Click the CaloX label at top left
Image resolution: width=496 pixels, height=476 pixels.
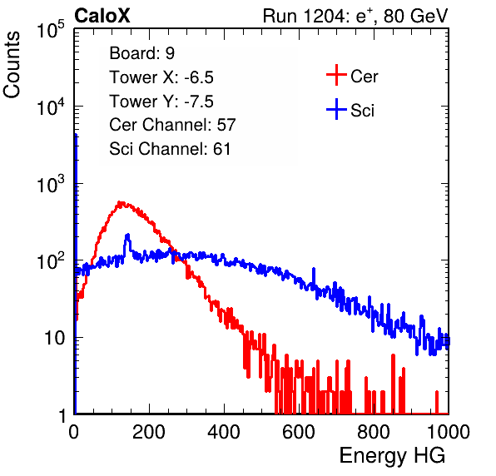(102, 16)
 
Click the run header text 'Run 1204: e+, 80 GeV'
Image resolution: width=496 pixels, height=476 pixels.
(355, 16)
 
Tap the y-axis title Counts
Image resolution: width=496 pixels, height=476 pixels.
(12, 65)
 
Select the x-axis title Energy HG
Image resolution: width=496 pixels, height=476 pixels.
(392, 456)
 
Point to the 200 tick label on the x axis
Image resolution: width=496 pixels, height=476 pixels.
(149, 432)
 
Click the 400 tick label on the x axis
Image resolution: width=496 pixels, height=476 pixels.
(224, 432)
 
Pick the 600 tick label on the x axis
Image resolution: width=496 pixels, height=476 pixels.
(299, 432)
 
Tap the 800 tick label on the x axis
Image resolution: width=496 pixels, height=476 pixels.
(374, 432)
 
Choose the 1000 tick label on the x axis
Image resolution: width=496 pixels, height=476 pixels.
(449, 432)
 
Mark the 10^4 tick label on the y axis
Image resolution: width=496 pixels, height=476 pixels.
(51, 107)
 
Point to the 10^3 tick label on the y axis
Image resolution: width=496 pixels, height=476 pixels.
(51, 184)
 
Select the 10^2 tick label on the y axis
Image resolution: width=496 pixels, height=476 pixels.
(51, 261)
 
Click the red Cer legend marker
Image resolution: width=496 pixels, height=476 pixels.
(336, 75)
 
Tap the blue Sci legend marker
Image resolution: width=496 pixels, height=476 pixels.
(336, 110)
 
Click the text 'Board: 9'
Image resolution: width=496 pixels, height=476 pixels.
(141, 53)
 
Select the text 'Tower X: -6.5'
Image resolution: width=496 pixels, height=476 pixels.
(161, 77)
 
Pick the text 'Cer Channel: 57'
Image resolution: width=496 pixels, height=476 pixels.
(172, 125)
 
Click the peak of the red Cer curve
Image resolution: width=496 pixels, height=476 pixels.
(120, 202)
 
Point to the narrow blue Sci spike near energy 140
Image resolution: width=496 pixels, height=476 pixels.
(127, 235)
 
